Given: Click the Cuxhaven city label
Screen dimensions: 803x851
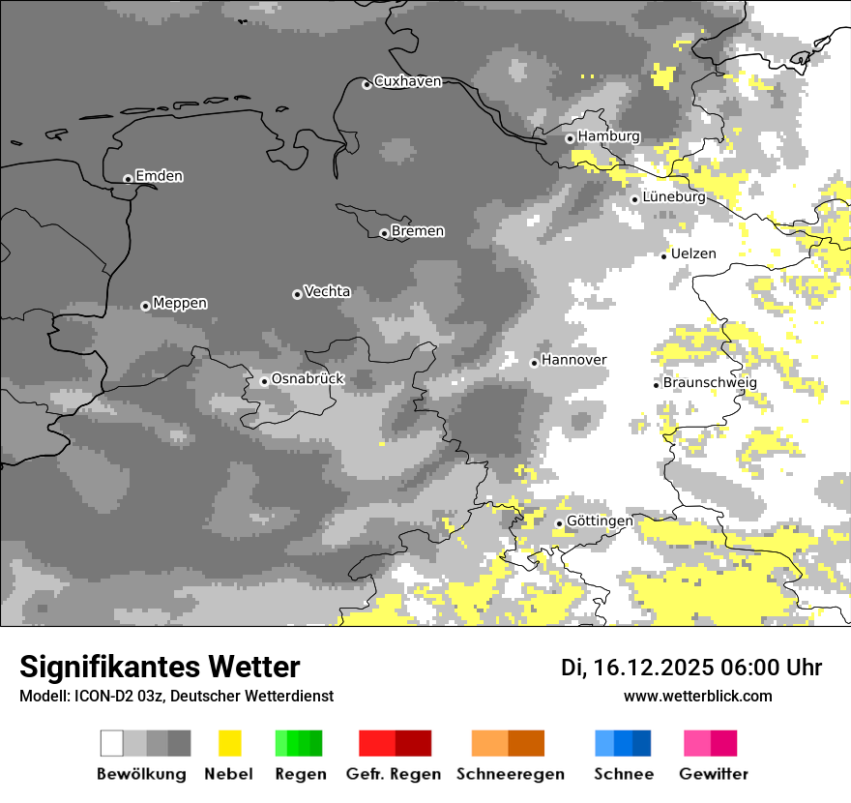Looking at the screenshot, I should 407,81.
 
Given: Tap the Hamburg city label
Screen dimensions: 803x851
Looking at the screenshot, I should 608,136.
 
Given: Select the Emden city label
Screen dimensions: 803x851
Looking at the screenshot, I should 159,176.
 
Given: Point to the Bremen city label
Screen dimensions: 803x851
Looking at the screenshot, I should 418,231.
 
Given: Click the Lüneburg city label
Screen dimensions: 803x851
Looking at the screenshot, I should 673,197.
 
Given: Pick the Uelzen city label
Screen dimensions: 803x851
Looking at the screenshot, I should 693,253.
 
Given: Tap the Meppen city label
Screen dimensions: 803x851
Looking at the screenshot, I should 180,304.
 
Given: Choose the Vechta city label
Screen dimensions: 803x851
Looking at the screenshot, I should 327,291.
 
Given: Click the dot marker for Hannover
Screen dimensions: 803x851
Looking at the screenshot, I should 534,363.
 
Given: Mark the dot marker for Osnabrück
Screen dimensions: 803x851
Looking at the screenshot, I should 264,381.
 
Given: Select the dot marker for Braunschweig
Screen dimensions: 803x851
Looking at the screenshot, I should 656,384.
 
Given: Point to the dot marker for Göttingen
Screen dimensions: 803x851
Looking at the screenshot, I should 559,523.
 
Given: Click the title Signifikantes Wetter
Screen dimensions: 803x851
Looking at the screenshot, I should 160,668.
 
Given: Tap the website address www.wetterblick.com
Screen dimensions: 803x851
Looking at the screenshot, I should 697,697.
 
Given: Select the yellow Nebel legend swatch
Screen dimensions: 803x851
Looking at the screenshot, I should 229,743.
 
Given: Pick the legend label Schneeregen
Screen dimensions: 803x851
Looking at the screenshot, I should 510,774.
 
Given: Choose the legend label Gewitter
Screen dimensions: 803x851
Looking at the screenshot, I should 713,774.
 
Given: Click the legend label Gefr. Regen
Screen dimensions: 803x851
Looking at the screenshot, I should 393,774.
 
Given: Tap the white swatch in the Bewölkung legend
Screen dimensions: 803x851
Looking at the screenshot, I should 111,743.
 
